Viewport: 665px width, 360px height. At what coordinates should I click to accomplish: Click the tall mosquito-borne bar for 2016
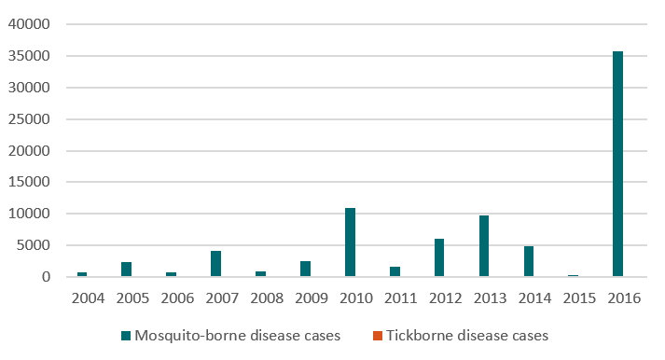tap(617, 164)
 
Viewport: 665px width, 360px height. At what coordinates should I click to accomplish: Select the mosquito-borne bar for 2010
tap(350, 242)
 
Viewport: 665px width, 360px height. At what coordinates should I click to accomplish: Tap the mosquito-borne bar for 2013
tap(484, 246)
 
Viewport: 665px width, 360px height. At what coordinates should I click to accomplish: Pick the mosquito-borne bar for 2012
tap(439, 257)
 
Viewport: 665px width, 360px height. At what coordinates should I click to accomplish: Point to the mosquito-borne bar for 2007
tap(215, 264)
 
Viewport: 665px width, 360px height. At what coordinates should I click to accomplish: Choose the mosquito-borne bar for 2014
tap(529, 261)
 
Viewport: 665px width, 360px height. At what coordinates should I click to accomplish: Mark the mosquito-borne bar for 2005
tap(126, 270)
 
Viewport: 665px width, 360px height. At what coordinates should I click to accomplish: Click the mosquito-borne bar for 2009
tap(305, 269)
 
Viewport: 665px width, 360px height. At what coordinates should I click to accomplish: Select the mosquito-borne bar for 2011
tap(395, 271)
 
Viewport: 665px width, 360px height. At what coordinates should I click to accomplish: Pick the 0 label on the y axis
tap(45, 277)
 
